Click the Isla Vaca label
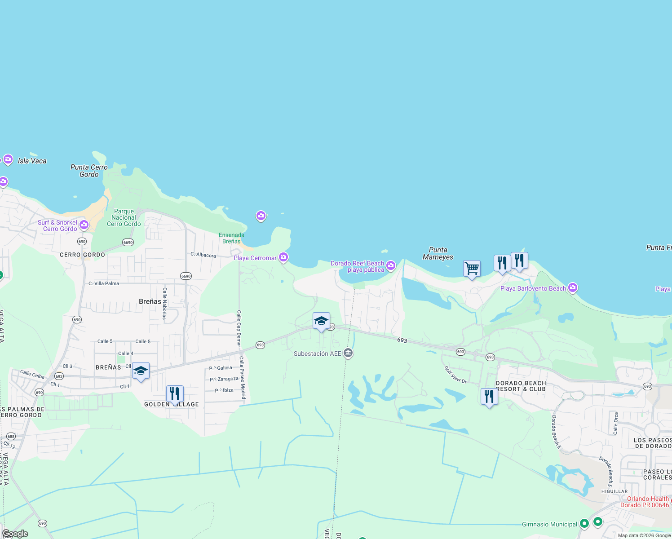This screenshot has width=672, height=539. (32, 161)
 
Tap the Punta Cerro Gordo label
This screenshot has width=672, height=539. (89, 171)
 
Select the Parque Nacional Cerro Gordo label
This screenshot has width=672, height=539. (124, 217)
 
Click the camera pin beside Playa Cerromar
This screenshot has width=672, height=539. (283, 257)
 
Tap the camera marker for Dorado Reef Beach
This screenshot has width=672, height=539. (391, 266)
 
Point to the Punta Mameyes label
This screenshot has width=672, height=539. (438, 253)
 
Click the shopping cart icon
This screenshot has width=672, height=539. (472, 269)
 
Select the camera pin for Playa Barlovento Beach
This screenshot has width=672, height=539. (573, 288)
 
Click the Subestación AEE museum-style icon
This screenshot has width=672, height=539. (348, 353)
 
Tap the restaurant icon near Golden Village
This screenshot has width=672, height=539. (175, 394)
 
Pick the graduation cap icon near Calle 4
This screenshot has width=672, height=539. (141, 371)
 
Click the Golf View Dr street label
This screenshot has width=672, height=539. (455, 375)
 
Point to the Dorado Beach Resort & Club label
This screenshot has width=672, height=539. (521, 386)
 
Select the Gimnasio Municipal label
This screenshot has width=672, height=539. (549, 524)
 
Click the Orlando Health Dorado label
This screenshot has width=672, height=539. (645, 502)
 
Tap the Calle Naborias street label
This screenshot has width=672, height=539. (165, 304)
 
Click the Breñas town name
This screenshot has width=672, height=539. (150, 301)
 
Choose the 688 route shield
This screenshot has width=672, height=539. (11, 436)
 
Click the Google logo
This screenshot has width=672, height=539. (15, 534)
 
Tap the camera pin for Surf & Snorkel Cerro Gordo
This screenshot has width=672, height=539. (84, 225)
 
